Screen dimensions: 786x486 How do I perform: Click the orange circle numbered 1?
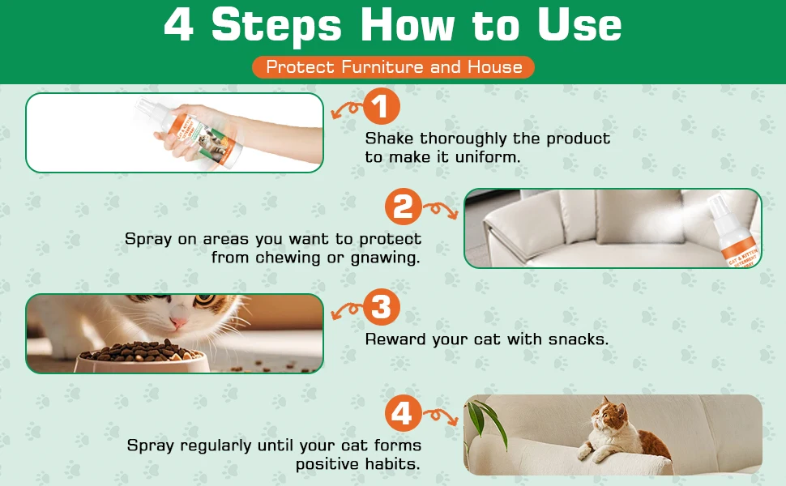tap(382, 106)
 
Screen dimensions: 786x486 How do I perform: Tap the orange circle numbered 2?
tap(404, 206)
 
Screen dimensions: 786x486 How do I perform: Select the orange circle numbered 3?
tap(382, 307)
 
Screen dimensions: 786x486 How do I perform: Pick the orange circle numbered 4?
tap(404, 413)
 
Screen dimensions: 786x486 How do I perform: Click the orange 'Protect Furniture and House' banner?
tap(394, 67)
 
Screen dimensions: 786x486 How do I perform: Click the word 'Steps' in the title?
tap(276, 25)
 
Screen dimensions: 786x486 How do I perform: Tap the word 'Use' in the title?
tap(579, 24)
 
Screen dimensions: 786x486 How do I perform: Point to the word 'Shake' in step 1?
tap(390, 139)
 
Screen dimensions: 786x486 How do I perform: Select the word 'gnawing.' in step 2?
tap(385, 258)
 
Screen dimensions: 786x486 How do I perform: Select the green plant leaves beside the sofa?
tap(483, 422)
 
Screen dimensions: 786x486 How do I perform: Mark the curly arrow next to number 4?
tap(441, 416)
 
